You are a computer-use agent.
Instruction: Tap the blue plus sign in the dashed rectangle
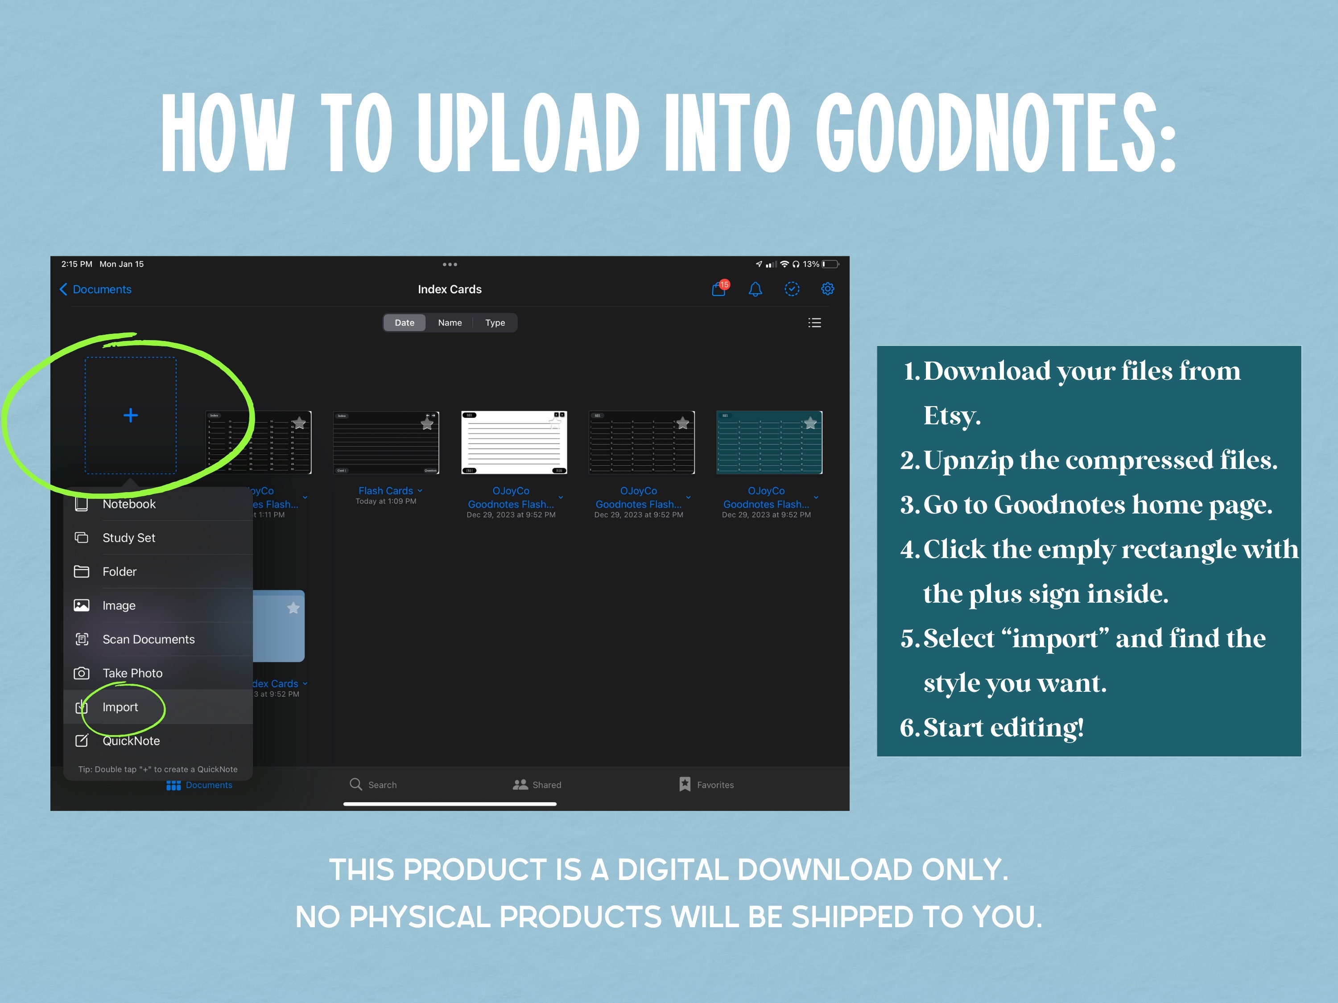[131, 415]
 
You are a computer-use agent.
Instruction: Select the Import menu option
[120, 707]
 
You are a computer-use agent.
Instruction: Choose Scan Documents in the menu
[148, 639]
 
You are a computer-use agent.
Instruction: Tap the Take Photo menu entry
[132, 673]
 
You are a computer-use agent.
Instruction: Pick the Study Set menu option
[129, 538]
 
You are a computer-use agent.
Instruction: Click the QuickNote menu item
[131, 740]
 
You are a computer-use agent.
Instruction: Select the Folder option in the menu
[119, 571]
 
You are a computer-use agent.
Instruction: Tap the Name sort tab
[450, 323]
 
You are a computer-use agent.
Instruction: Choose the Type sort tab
[495, 323]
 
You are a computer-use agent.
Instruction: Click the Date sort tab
[405, 323]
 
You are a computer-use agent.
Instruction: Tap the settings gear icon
[827, 289]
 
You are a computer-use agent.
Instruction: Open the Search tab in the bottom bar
[373, 785]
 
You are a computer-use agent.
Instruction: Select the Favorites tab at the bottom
[706, 785]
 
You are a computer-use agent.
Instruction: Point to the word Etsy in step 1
[951, 416]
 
